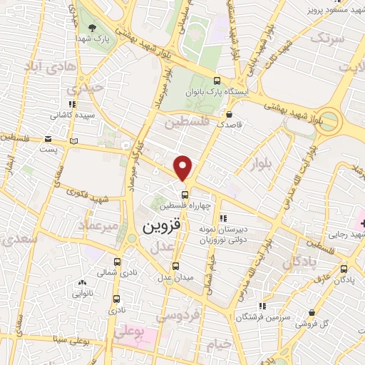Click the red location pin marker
[184, 168]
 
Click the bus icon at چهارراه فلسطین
[185, 194]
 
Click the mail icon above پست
[48, 139]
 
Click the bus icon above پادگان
[346, 269]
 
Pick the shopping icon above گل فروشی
[313, 312]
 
